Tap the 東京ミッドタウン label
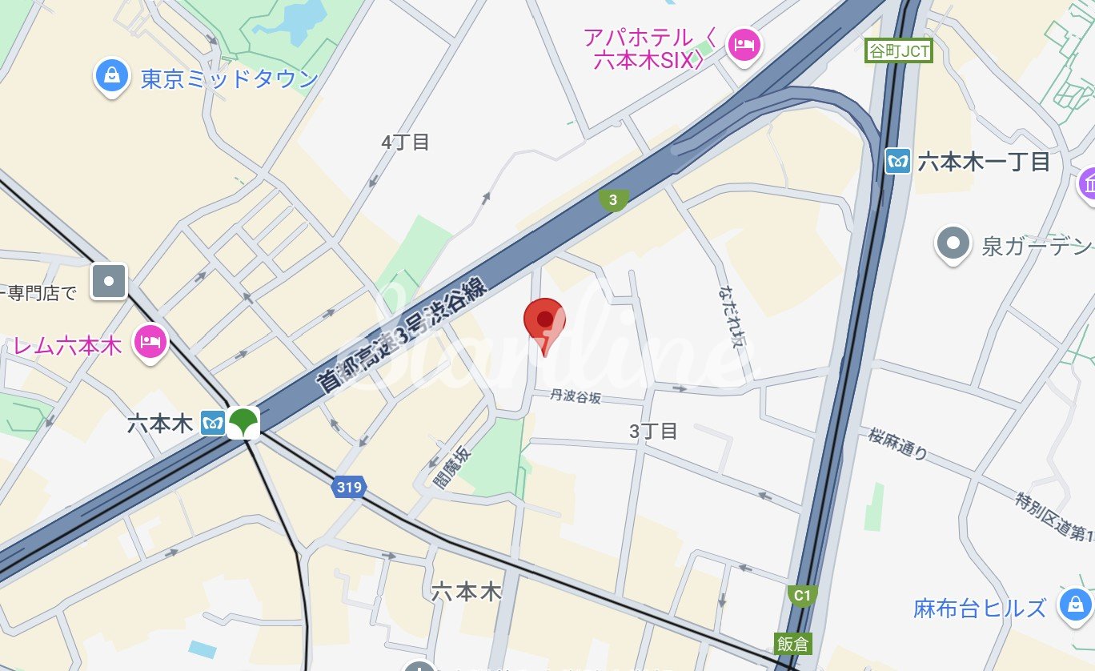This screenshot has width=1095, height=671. [230, 79]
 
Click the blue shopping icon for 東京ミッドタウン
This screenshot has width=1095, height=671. [112, 75]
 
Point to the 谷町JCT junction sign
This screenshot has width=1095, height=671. [899, 51]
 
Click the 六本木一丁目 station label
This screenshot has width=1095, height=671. [984, 162]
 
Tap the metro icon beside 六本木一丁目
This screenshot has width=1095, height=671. [899, 162]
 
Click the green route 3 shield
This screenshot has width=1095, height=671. [614, 200]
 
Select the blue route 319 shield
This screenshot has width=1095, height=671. [349, 486]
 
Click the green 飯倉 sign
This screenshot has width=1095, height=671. [792, 642]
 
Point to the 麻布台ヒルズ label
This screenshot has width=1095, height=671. [980, 608]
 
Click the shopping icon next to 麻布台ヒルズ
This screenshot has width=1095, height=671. [1074, 606]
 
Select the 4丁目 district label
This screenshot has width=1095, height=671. [406, 143]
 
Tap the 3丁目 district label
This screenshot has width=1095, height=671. [653, 432]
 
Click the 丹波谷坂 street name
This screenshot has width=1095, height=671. [576, 396]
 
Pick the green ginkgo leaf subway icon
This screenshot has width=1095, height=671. [243, 422]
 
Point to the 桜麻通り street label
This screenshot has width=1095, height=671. [897, 444]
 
